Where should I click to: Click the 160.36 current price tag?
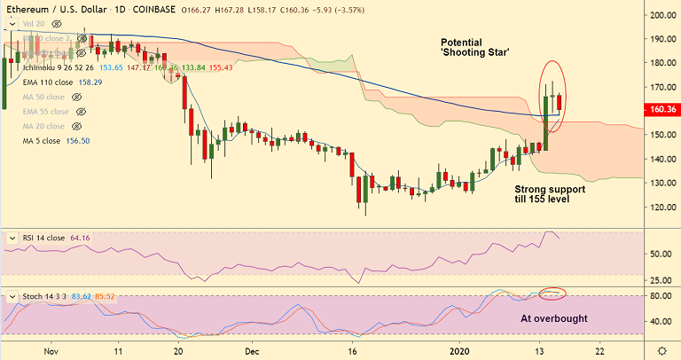click(x=662, y=110)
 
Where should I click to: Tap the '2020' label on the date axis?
click(x=460, y=350)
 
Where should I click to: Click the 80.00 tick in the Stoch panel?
click(x=661, y=295)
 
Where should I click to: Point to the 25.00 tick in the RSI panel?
click(x=661, y=280)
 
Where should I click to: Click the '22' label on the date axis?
click(x=600, y=350)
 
